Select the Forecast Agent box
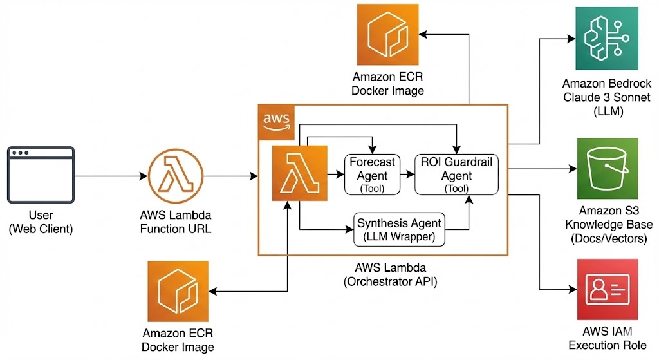coord(372,174)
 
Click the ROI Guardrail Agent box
coord(456,174)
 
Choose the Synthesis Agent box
coord(399,229)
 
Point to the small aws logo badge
coord(277,122)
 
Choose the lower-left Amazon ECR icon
coord(178,291)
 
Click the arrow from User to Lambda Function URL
coord(110,175)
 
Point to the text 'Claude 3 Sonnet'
coord(606,97)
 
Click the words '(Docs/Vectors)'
coord(606,238)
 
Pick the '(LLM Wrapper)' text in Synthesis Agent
coord(399,236)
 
